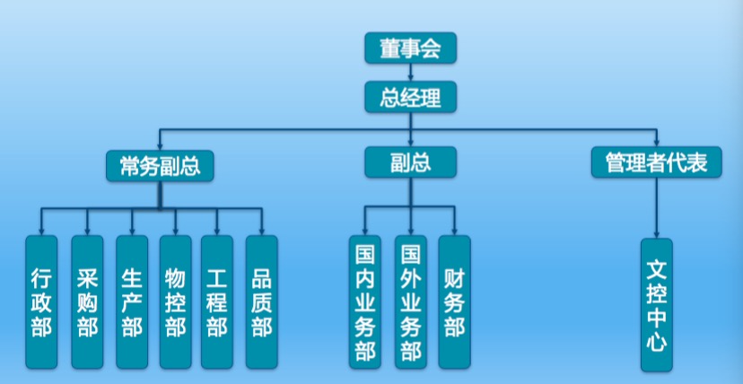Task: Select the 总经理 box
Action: (x=410, y=97)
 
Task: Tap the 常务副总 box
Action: (x=160, y=163)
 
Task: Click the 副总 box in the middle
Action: (x=410, y=161)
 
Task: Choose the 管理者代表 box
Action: (x=656, y=162)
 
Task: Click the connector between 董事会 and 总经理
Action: (x=410, y=73)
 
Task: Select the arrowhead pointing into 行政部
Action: (x=41, y=231)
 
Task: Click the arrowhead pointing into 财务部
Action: (x=454, y=231)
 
